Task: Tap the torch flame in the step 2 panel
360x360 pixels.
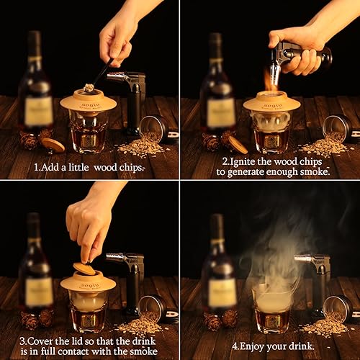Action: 272,78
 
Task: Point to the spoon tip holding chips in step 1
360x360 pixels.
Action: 89,88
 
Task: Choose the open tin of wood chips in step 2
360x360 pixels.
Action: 337,127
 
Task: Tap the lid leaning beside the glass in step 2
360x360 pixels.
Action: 238,144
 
